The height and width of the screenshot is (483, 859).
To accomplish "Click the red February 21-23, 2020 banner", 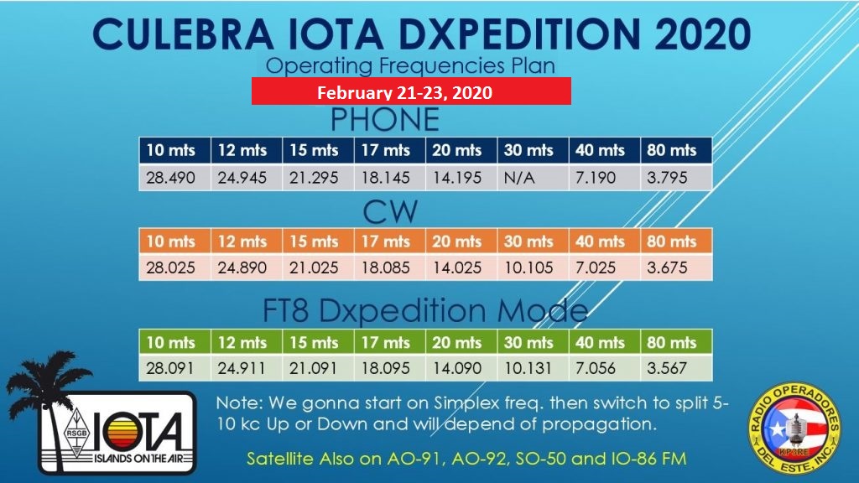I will click(411, 91).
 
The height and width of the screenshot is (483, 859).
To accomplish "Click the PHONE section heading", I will click(384, 120).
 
